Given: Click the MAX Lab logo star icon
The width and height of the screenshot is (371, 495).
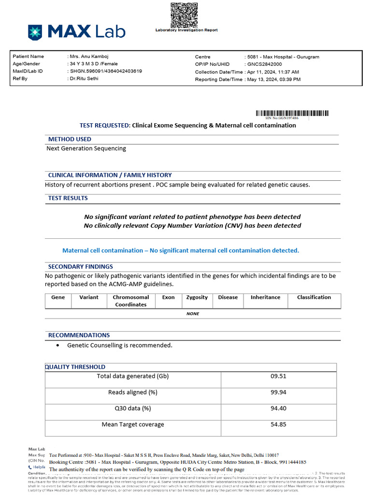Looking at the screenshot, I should click(x=35, y=32).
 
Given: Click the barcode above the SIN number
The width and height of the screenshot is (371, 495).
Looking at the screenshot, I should click(x=292, y=113).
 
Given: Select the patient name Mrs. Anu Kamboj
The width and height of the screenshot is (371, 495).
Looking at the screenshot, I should click(x=89, y=57).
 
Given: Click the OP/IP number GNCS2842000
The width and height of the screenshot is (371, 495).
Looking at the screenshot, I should click(x=265, y=64).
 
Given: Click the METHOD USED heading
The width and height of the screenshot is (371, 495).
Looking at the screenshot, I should click(x=70, y=139).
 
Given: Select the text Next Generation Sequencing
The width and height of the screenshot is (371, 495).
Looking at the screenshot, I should click(x=86, y=148).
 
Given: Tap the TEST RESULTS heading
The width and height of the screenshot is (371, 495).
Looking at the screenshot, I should click(x=68, y=198).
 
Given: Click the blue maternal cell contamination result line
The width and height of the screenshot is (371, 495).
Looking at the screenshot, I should click(x=181, y=250).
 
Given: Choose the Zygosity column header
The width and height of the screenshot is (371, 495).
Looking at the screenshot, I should click(x=197, y=297).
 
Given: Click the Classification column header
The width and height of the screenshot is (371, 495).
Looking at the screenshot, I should click(x=314, y=297).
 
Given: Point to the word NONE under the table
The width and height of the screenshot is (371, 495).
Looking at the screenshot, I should click(x=193, y=314).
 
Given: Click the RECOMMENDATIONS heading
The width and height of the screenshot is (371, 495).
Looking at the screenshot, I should click(x=79, y=335).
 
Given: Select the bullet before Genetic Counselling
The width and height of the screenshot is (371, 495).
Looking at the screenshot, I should click(x=58, y=346).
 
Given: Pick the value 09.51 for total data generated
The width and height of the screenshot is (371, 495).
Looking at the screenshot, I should click(x=278, y=376).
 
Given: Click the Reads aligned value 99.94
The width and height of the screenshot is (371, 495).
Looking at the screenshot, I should click(x=278, y=392).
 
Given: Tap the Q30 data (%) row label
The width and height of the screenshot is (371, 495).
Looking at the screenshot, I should click(x=133, y=408).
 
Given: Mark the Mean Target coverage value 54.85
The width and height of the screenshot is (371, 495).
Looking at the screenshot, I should click(x=278, y=424).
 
